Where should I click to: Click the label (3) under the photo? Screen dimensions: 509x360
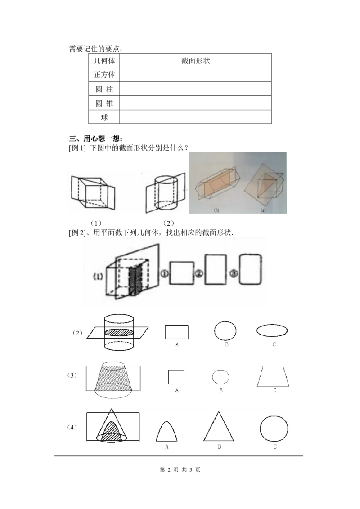point(216,210)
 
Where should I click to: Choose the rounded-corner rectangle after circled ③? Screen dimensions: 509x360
point(251,269)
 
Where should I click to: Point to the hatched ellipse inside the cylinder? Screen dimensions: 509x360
point(119,332)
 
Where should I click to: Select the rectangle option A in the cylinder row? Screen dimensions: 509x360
point(176,332)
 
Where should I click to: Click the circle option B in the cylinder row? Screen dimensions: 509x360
point(225,331)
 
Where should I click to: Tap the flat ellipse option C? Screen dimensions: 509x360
point(273,330)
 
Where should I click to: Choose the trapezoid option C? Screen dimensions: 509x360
point(273,376)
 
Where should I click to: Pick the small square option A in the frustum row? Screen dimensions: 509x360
point(176,377)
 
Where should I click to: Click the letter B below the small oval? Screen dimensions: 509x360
point(221,390)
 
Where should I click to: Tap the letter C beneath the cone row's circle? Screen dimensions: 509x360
point(275,447)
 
